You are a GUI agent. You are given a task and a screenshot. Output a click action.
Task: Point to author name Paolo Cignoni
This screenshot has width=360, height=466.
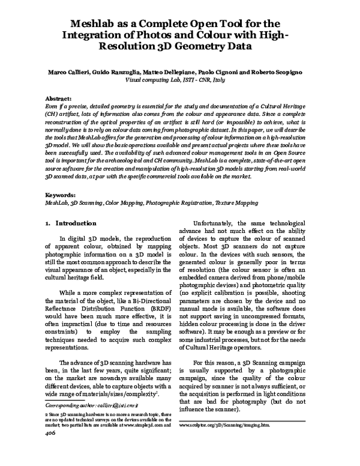click(218, 71)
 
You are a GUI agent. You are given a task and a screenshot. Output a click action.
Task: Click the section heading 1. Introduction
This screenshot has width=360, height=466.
click(67, 223)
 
